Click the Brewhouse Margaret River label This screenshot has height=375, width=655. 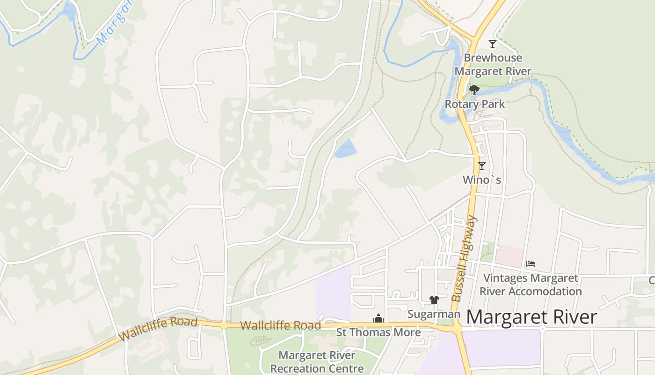click(493, 65)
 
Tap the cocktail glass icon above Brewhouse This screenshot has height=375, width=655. click(492, 44)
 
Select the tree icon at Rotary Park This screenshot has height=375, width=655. click(474, 90)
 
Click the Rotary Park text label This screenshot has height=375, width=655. click(474, 104)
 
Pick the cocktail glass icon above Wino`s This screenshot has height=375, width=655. click(481, 165)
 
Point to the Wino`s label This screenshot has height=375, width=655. click(481, 180)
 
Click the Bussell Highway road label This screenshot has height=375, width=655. click(464, 259)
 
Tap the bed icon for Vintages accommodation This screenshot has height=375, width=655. click(530, 264)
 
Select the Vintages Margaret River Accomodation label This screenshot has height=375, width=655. click(531, 285)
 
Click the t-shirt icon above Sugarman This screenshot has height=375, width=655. click(434, 300)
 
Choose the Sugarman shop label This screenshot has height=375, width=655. click(434, 314)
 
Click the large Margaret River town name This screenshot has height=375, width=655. click(531, 317)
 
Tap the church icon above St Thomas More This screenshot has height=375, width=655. click(378, 319)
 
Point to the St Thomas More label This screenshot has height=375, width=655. click(378, 332)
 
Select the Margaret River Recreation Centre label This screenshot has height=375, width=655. click(317, 362)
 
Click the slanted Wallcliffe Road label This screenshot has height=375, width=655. click(158, 329)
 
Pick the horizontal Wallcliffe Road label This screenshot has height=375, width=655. click(280, 325)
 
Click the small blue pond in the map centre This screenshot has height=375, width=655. click(345, 149)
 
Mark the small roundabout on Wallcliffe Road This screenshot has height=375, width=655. click(224, 325)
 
